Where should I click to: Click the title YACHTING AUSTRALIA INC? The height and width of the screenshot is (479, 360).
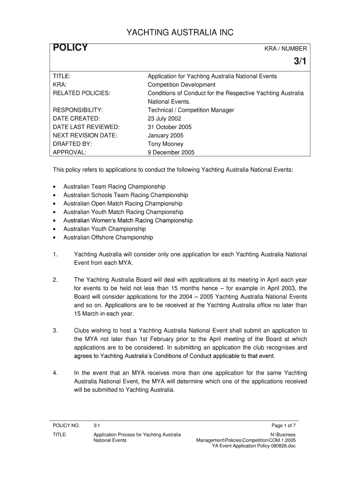tap(180, 32)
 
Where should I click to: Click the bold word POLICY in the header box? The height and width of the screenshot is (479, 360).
tap(70, 48)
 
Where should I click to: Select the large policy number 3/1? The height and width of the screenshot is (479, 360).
tap(299, 62)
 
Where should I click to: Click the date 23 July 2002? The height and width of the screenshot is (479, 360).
tap(164, 119)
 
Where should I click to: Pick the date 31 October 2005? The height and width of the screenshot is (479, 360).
tap(170, 127)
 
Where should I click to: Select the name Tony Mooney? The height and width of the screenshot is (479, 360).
tap(166, 144)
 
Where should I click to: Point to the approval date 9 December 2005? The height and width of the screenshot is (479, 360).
tap(171, 152)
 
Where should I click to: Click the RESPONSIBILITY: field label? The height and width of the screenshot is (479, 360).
tap(78, 110)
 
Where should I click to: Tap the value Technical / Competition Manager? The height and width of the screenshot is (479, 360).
tap(191, 110)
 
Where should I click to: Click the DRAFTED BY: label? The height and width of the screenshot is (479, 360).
tap(72, 144)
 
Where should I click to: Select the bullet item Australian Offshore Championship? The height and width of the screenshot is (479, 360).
tap(108, 238)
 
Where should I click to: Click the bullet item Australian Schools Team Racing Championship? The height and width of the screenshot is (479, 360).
tap(125, 195)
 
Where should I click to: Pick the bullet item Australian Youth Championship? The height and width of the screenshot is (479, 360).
tap(104, 229)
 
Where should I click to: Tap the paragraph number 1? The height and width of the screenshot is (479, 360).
tap(55, 254)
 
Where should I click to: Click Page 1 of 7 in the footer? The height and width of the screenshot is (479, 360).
tap(284, 425)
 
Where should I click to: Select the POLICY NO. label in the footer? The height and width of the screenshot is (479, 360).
tap(66, 425)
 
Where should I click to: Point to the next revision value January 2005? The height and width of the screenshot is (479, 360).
tap(166, 136)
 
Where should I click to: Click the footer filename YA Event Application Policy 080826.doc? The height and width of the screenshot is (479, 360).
tap(254, 446)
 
